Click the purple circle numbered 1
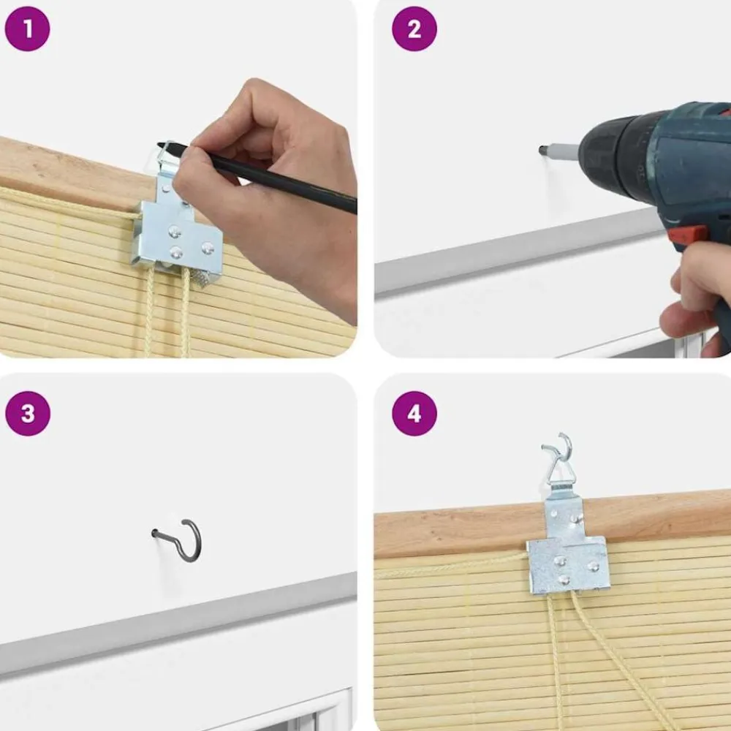pyautogui.click(x=27, y=29)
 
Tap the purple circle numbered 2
pyautogui.click(x=414, y=29)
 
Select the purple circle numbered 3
pyautogui.click(x=28, y=414)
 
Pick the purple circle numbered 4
pyautogui.click(x=414, y=414)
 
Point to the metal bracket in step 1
pyautogui.click(x=177, y=224)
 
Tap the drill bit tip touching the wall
pyautogui.click(x=542, y=151)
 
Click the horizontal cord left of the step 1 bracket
pyautogui.click(x=70, y=202)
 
